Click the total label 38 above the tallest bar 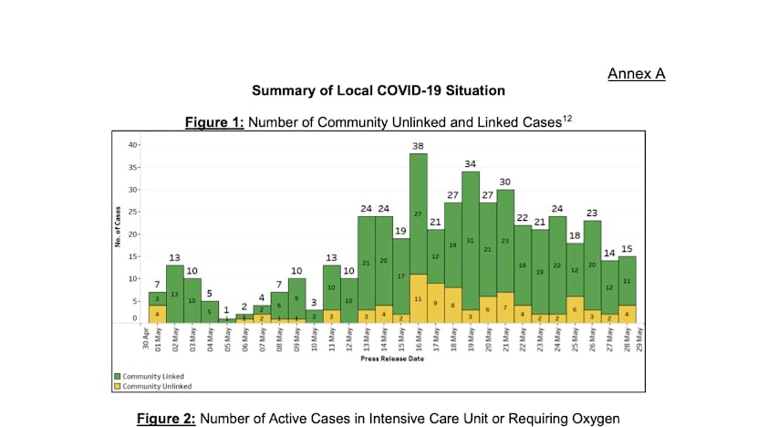click(419, 146)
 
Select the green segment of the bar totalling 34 click(471, 241)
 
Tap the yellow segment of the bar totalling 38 click(419, 298)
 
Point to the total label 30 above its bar click(504, 182)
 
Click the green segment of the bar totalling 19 click(401, 275)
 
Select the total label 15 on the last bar click(626, 248)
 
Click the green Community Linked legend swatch click(117, 376)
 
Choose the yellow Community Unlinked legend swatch click(117, 386)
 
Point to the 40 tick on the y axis click(133, 145)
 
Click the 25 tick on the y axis click(133, 212)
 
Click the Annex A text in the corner click(636, 74)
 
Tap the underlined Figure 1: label click(214, 122)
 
